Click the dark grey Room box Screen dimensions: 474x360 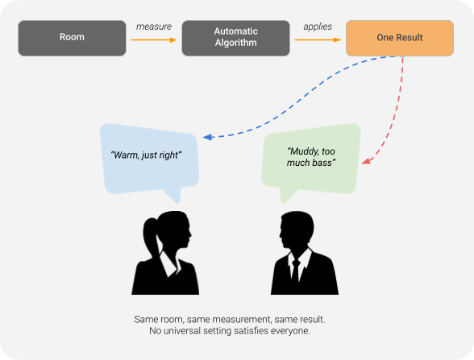72,38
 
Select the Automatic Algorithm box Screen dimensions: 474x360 235,38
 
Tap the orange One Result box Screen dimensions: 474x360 400,38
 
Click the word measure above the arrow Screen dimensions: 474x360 153,27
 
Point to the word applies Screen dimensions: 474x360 318,27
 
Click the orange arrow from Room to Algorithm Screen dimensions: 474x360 153,40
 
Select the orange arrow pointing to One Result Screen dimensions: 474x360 318,40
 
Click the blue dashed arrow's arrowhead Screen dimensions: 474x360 207,137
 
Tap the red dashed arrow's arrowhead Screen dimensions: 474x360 366,161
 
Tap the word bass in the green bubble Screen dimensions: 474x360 324,163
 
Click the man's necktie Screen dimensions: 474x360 295,270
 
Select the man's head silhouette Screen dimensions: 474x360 297,229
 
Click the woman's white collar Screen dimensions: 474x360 169,263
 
